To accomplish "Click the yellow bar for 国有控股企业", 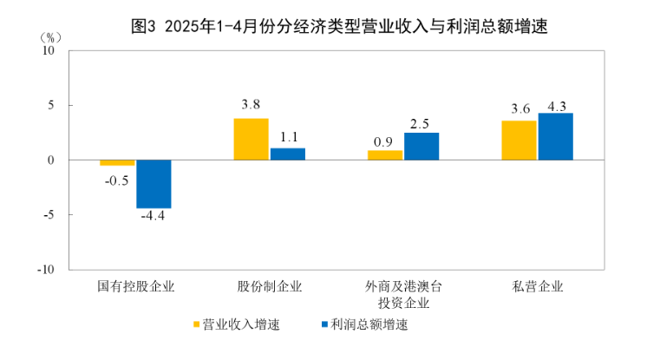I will (x=117, y=163).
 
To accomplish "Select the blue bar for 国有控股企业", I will (x=154, y=184).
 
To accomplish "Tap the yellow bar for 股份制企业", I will (x=252, y=140).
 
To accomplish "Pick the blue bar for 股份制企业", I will (x=288, y=154).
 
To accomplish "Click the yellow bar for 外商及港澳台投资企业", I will (x=385, y=155).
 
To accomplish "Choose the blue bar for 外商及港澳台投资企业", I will (x=421, y=147).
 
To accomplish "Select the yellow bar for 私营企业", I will (x=519, y=141).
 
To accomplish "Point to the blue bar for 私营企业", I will (x=555, y=137).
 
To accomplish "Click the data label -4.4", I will (x=153, y=216).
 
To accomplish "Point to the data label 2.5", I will (x=421, y=122).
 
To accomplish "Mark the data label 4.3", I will (x=555, y=107).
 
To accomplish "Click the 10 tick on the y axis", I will (x=49, y=50).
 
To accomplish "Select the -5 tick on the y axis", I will (x=49, y=214).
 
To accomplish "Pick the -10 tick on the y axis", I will (x=46, y=269).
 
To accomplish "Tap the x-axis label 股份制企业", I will (x=270, y=287).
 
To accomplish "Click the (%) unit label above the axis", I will (x=51, y=37).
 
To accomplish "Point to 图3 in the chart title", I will (x=141, y=26).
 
